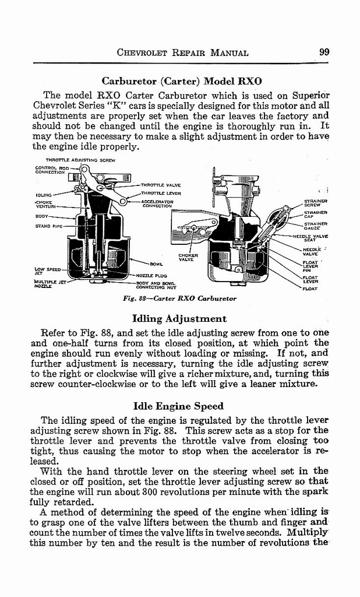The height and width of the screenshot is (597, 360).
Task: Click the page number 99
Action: (x=324, y=52)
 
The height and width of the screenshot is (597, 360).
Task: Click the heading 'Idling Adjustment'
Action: (x=179, y=319)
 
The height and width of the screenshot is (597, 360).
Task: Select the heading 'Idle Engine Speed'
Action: (x=179, y=406)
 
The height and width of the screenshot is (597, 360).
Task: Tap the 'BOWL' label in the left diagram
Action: (x=156, y=264)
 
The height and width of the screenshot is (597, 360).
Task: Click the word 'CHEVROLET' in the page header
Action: (x=143, y=52)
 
